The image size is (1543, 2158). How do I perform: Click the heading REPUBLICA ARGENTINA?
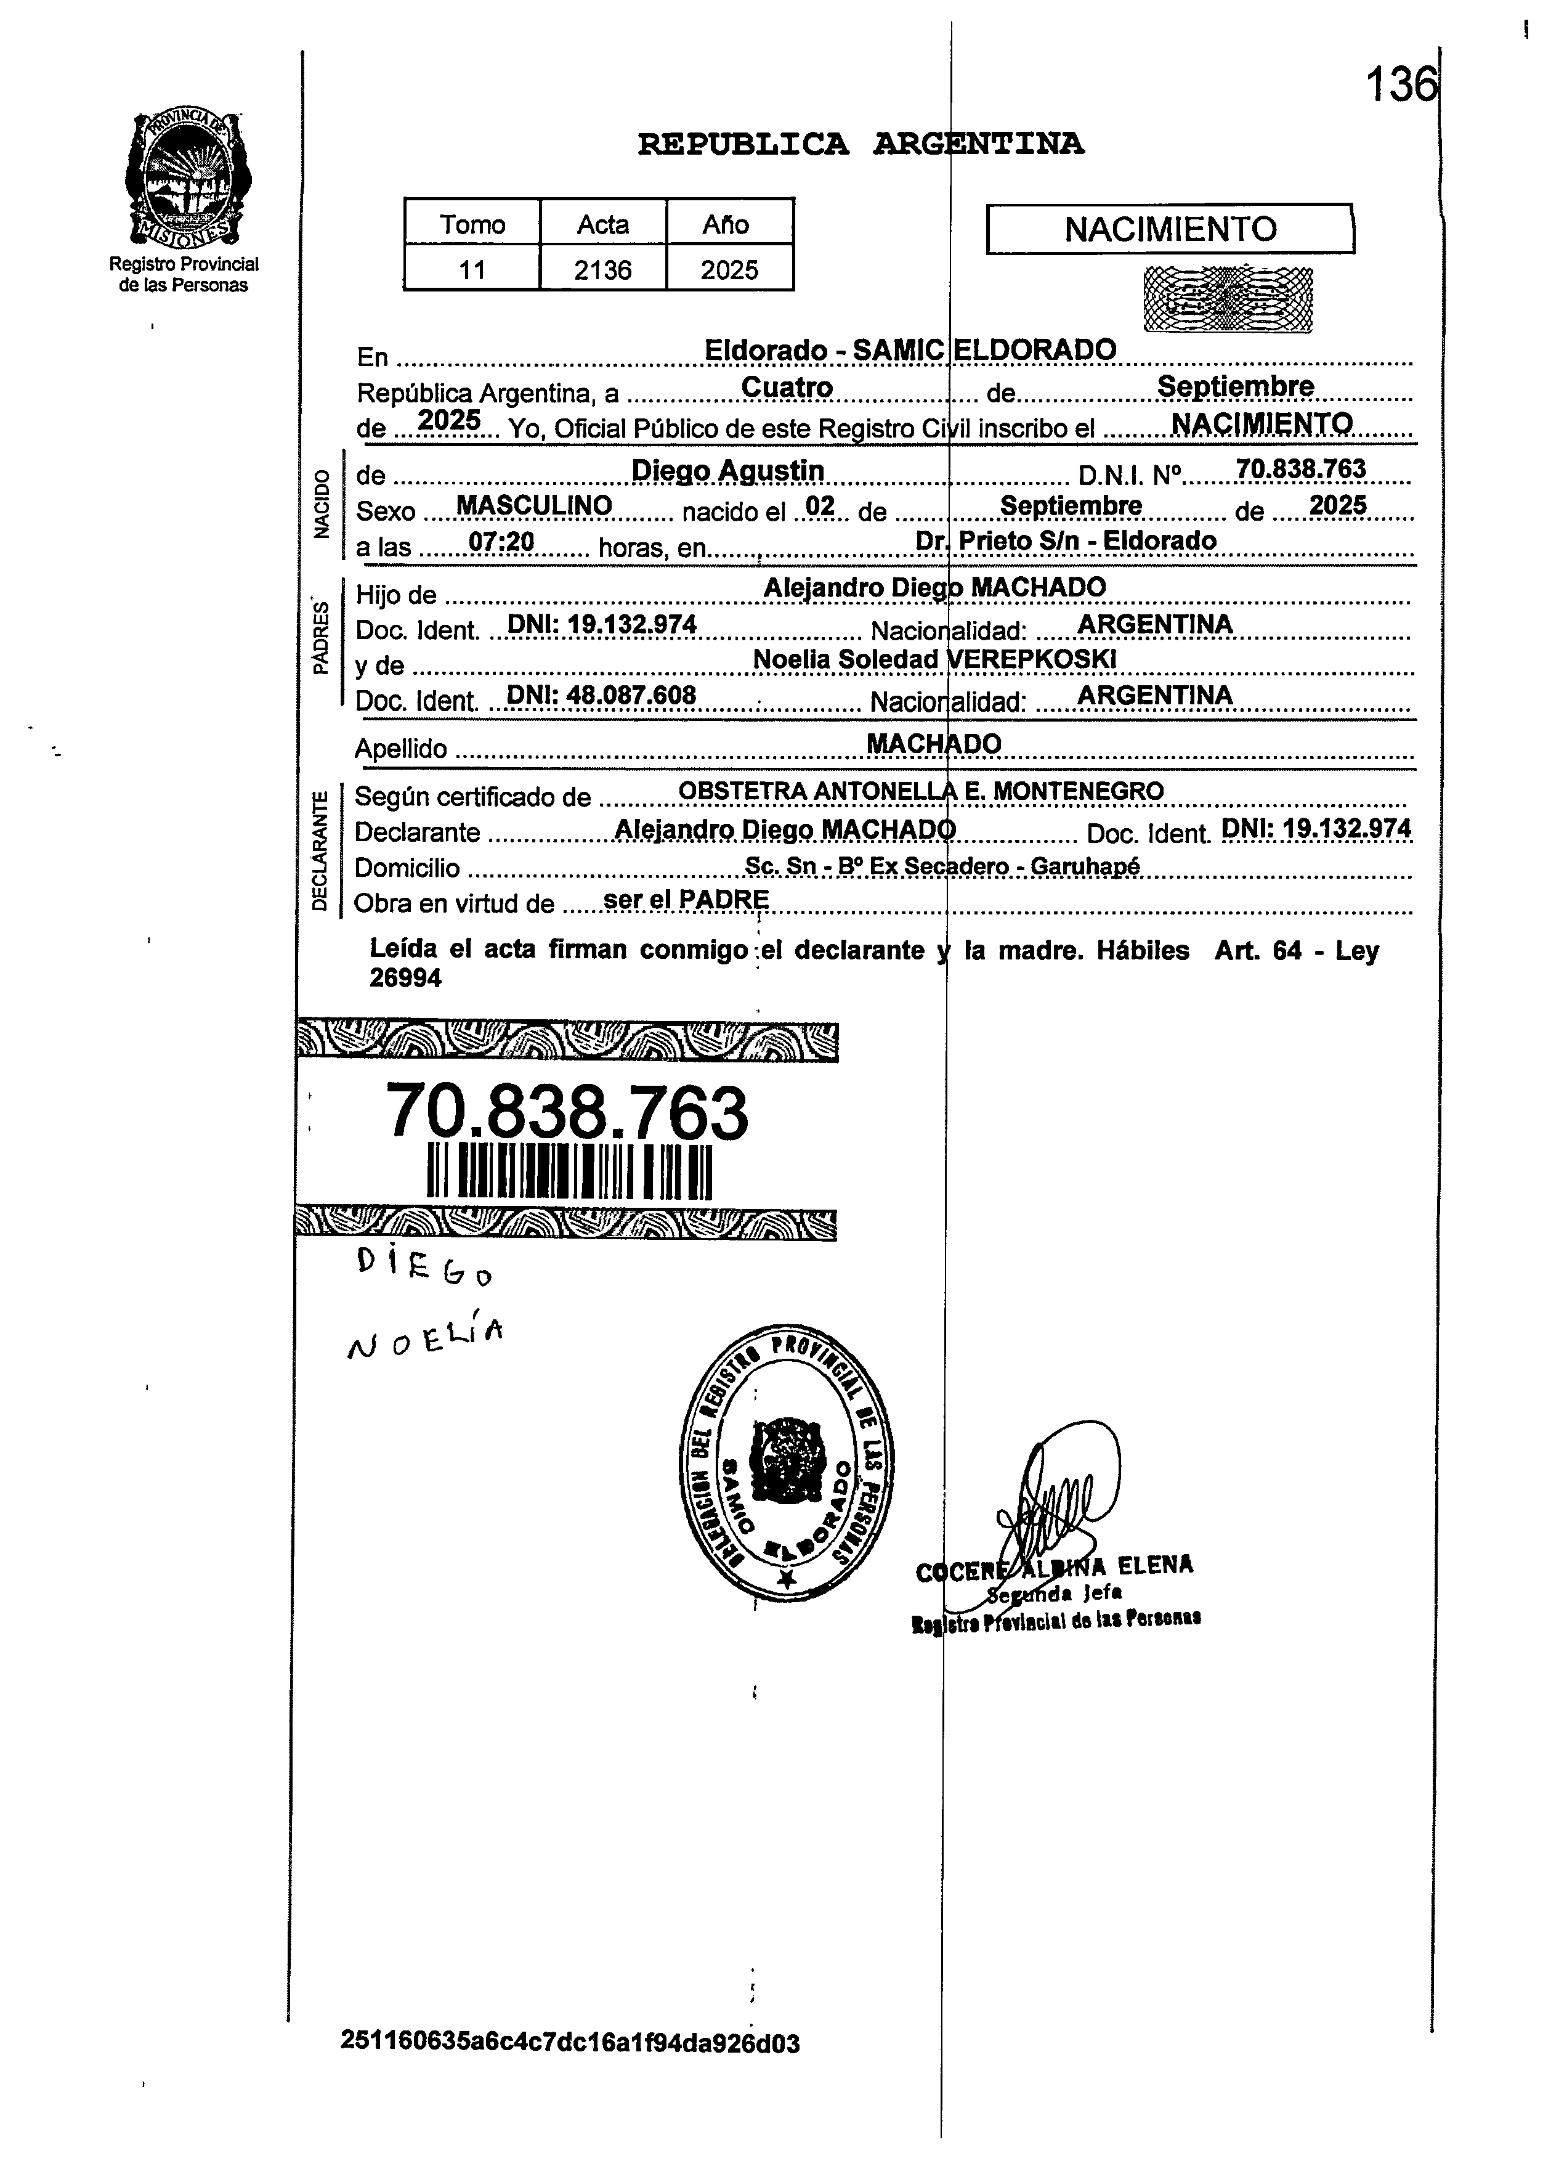click(x=860, y=144)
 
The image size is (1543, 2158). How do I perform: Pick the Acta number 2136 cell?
click(x=602, y=270)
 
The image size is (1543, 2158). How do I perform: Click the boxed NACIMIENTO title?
click(x=1170, y=229)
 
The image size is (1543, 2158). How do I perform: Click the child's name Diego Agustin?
click(x=728, y=470)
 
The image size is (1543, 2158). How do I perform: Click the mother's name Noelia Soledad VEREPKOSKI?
click(x=934, y=659)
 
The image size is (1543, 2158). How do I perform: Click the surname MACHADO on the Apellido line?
click(x=934, y=743)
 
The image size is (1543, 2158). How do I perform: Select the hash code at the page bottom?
click(x=570, y=2042)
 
